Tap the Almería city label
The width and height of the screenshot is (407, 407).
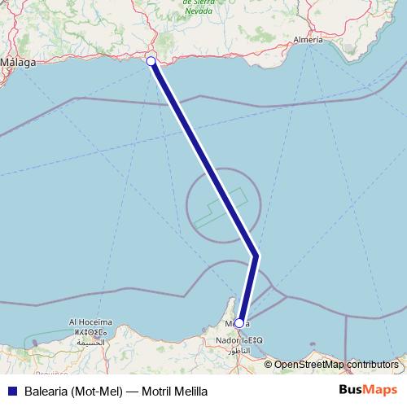pyautogui.click(x=307, y=39)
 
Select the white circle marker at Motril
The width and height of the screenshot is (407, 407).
pyautogui.click(x=151, y=61)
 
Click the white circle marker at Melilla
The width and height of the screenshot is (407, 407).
pyautogui.click(x=239, y=323)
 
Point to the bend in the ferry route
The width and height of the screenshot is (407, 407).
pyautogui.click(x=256, y=256)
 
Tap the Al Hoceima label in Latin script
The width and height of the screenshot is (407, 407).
pyautogui.click(x=91, y=322)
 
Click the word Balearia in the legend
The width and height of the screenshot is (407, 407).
pyautogui.click(x=44, y=391)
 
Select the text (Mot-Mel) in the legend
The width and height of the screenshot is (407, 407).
pyautogui.click(x=98, y=391)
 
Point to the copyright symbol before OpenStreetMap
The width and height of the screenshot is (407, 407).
pyautogui.click(x=269, y=365)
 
